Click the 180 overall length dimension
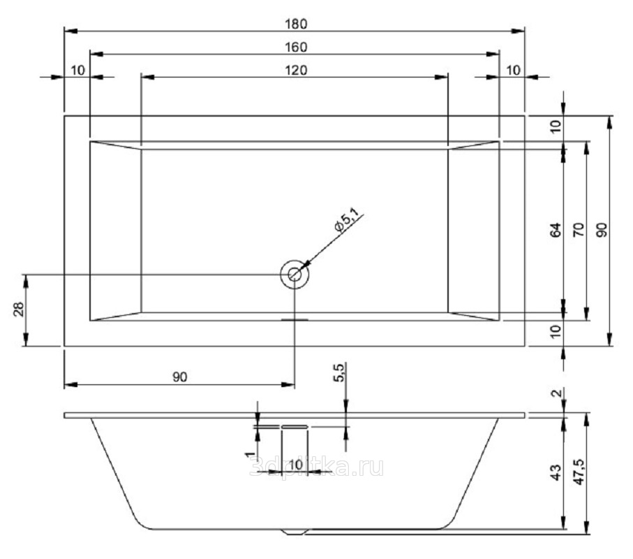296,23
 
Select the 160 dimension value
296,47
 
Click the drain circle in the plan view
295,275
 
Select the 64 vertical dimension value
555,230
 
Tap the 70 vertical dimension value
578,230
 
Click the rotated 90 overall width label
603,230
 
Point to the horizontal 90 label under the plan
179,377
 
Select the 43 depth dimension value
556,472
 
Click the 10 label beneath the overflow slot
295,465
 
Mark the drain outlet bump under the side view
294,532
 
